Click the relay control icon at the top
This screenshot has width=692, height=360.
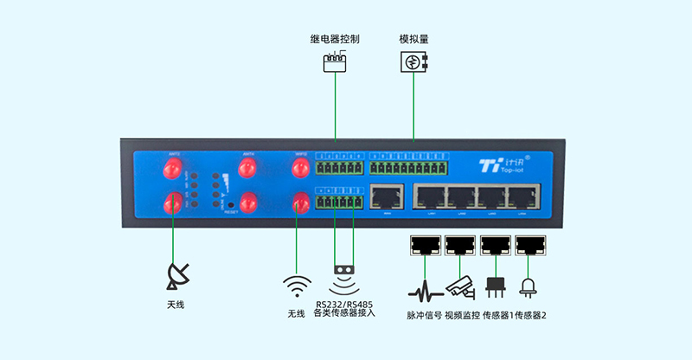(334, 62)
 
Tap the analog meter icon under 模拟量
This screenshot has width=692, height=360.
(414, 61)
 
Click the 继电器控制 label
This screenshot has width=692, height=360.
(334, 39)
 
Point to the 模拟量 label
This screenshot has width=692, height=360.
(414, 39)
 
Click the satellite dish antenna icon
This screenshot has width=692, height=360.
(177, 275)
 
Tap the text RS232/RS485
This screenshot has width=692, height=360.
(343, 303)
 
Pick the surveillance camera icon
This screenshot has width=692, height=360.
(460, 286)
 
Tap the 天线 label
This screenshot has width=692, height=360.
(176, 305)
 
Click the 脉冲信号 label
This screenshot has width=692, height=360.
(424, 315)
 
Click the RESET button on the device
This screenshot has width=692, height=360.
(230, 204)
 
